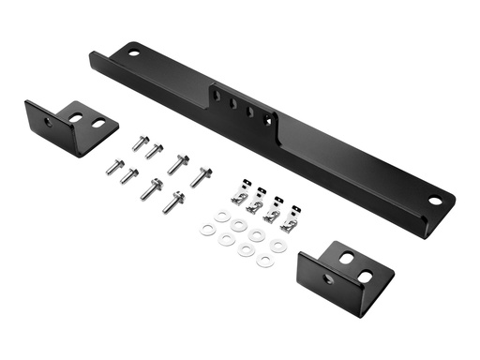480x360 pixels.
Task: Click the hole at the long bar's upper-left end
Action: click(x=134, y=52)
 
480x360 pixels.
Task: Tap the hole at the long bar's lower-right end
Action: click(x=435, y=200)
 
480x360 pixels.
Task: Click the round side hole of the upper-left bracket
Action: click(x=48, y=122)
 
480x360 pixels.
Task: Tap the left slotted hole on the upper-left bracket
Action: click(x=77, y=116)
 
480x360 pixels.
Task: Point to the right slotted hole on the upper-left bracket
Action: click(x=97, y=122)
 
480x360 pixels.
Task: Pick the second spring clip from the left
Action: click(x=255, y=205)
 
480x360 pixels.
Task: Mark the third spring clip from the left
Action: click(x=272, y=214)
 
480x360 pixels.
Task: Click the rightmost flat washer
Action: click(x=278, y=246)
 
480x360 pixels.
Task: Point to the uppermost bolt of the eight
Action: click(x=140, y=143)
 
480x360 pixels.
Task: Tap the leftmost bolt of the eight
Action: click(x=113, y=166)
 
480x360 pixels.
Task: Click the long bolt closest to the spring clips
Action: click(x=201, y=175)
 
